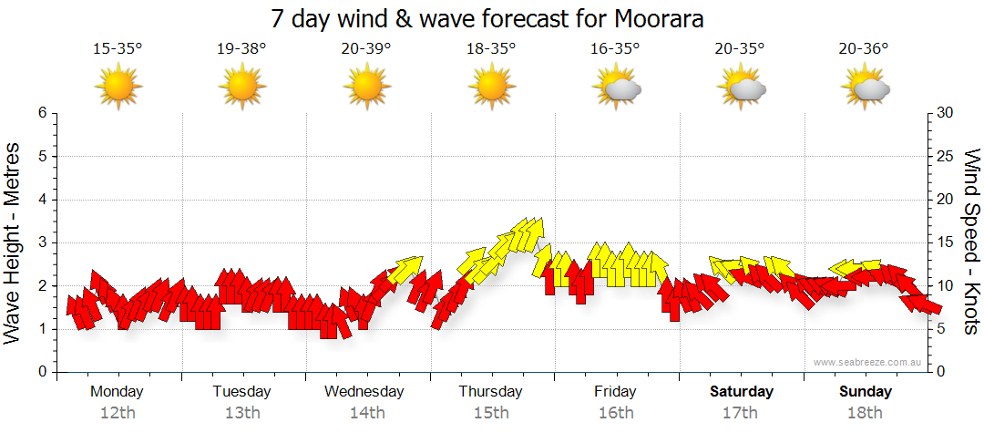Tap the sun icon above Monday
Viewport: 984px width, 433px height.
point(118,88)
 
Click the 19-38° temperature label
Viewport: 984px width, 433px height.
point(241,49)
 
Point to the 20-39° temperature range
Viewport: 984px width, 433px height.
point(366,49)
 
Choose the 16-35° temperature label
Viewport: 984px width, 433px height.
point(616,49)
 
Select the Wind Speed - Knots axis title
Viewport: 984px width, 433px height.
point(971,242)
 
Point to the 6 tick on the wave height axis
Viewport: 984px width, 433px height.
point(41,113)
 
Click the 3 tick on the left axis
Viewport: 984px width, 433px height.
point(41,242)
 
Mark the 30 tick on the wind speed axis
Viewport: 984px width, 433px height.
point(945,113)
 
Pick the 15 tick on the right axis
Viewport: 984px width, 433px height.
point(945,242)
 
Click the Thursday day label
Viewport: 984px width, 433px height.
point(490,392)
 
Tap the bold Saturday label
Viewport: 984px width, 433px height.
point(742,392)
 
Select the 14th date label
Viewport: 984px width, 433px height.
point(366,413)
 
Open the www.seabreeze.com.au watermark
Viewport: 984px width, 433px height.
point(869,362)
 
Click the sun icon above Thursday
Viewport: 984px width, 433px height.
point(491,88)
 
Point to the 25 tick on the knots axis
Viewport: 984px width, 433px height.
point(945,156)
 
